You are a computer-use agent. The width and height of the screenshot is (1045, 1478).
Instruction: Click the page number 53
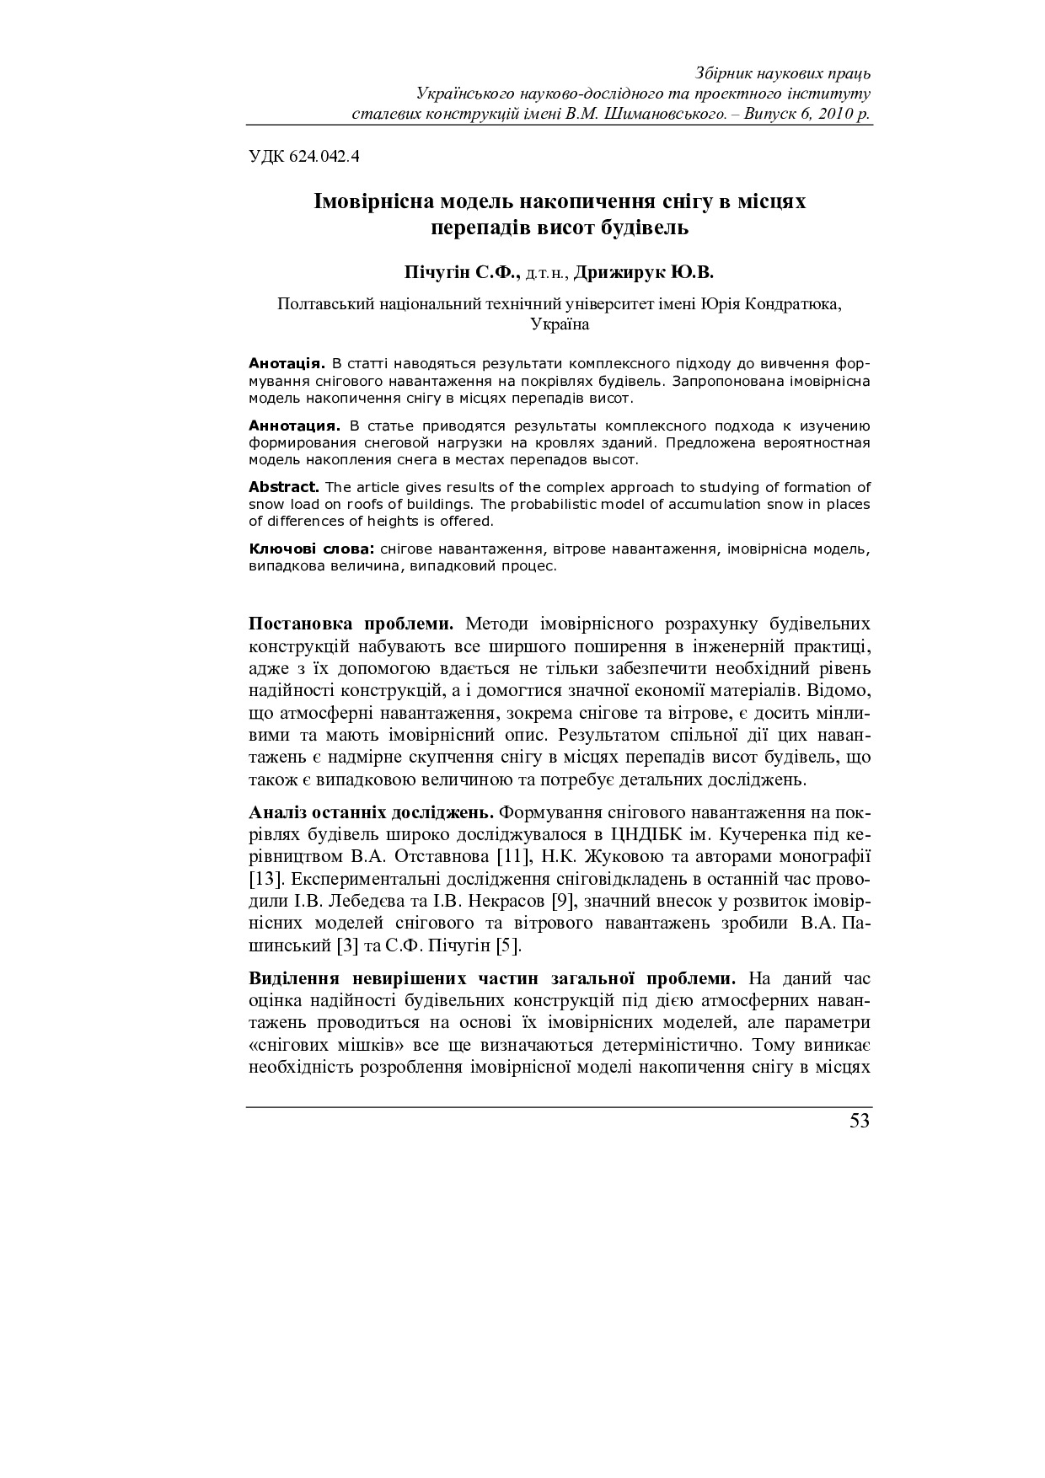859,1121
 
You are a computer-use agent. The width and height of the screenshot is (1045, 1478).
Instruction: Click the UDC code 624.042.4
304,156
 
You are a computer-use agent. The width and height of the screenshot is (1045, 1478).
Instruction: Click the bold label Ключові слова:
312,549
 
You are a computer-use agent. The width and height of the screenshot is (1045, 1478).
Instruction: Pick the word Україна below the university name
560,324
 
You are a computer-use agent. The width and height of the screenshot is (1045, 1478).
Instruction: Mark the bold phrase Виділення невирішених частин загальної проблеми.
492,979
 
